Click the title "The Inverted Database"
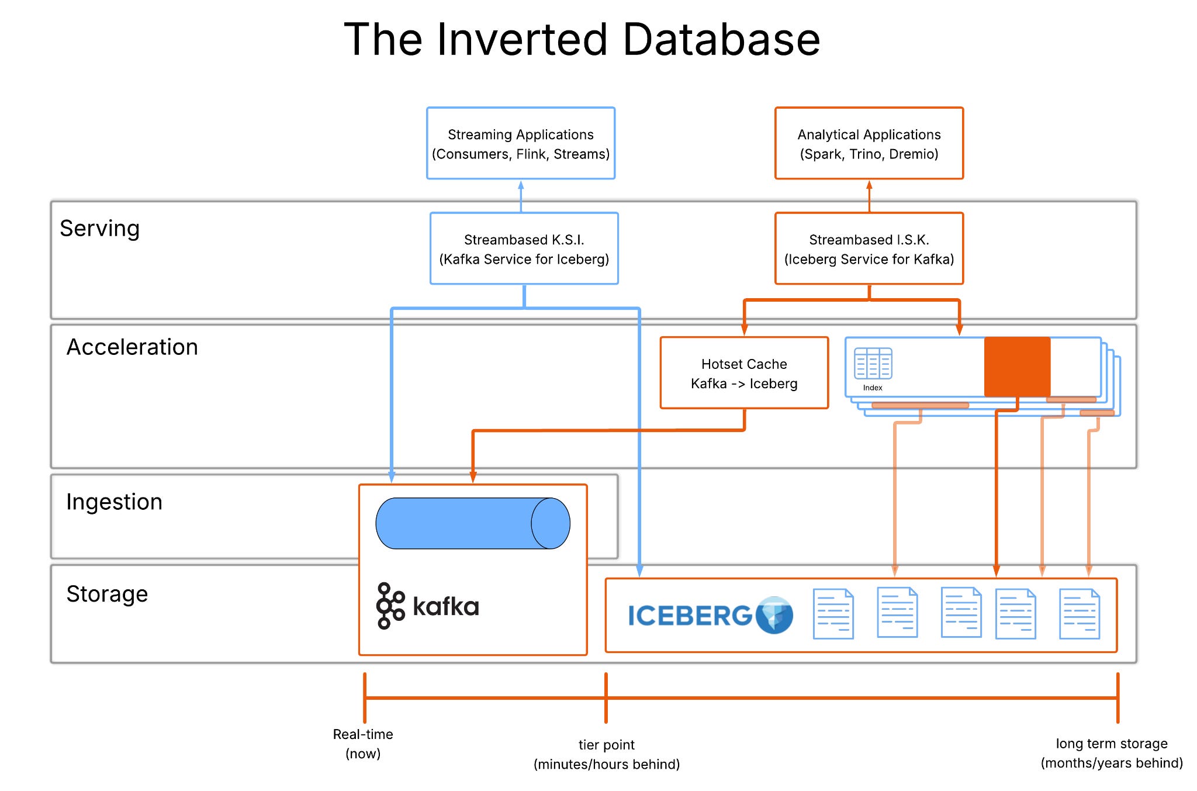pos(582,40)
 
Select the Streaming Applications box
pos(521,143)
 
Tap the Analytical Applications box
pos(869,143)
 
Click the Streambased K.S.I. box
pos(524,248)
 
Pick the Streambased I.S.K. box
pos(869,248)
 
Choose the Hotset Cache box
pos(744,373)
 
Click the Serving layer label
pos(100,228)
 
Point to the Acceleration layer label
pos(132,347)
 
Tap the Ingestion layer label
pos(114,502)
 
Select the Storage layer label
pos(107,593)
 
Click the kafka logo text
pos(445,606)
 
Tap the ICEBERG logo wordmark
pos(690,616)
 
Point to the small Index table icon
pos(873,364)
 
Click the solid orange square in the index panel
pos(1017,367)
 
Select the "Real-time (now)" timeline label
pos(363,744)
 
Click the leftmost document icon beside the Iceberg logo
pos(833,614)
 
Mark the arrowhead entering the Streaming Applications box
pos(521,185)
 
